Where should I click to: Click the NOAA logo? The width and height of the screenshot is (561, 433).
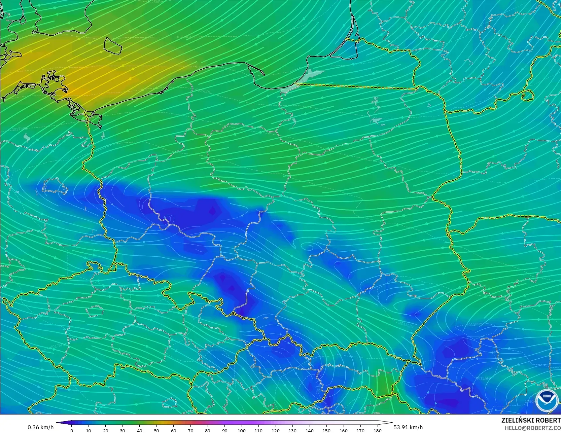tap(547, 400)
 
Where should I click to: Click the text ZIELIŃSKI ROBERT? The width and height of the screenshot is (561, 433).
tap(531, 420)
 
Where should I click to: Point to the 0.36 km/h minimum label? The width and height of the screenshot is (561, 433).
tap(40, 427)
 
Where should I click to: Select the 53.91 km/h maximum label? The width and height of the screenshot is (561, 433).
tap(408, 427)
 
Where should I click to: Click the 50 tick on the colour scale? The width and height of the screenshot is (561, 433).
tap(156, 430)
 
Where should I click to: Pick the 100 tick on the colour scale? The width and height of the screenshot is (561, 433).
tap(241, 430)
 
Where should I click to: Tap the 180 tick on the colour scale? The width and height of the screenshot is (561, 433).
tap(377, 430)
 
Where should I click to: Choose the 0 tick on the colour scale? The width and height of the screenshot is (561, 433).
tap(72, 430)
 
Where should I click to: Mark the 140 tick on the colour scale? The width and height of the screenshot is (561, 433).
tap(309, 430)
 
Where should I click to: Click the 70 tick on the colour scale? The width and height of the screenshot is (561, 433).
tap(190, 430)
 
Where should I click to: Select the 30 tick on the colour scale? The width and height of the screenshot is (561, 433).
tap(122, 430)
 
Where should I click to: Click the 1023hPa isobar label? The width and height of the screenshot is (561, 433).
tap(184, 36)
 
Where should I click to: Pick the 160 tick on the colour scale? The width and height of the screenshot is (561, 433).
tap(343, 430)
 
